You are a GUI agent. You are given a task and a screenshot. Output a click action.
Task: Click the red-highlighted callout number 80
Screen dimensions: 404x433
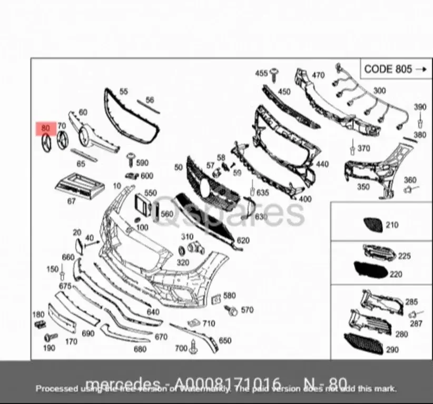pyautogui.click(x=45, y=128)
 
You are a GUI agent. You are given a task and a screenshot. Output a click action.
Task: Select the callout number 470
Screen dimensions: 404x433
pyautogui.click(x=318, y=75)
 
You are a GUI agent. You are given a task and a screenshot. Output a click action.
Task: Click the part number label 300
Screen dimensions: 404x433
pyautogui.click(x=379, y=90)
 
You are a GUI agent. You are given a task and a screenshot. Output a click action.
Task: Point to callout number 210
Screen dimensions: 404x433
pyautogui.click(x=391, y=225)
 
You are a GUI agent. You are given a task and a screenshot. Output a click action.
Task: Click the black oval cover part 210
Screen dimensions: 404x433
pyautogui.click(x=371, y=225)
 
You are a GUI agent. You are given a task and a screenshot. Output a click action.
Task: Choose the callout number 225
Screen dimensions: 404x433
pyautogui.click(x=404, y=256)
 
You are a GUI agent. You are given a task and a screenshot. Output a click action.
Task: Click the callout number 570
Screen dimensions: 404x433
pyautogui.click(x=246, y=310)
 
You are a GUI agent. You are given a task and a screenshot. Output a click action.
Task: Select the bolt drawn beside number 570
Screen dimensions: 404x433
pyautogui.click(x=230, y=310)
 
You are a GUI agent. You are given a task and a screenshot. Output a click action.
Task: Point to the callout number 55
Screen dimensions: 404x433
pyautogui.click(x=123, y=92)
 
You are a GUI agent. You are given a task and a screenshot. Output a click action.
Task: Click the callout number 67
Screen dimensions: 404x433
pyautogui.click(x=71, y=200)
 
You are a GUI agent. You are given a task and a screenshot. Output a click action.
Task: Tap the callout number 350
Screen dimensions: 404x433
pyautogui.click(x=363, y=187)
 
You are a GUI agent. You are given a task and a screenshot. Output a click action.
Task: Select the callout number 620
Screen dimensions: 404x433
pyautogui.click(x=243, y=240)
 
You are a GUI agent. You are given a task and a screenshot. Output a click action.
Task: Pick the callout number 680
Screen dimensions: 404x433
pyautogui.click(x=140, y=349)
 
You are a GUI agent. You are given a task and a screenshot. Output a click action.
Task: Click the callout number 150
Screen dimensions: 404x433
pyautogui.click(x=52, y=269)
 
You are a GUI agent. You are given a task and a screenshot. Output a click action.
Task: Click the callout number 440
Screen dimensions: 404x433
pyautogui.click(x=322, y=164)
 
